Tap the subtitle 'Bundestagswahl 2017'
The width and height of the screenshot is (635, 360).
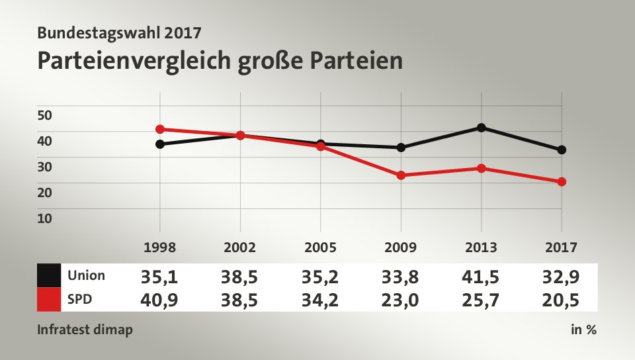tap(119, 31)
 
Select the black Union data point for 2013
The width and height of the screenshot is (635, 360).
tap(481, 128)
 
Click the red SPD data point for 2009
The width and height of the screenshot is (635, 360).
tap(401, 175)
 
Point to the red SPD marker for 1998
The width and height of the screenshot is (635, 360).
tap(160, 129)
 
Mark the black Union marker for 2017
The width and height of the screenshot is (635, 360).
tap(562, 150)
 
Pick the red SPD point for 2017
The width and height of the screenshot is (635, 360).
tap(562, 181)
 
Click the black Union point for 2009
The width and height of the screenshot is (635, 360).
tap(401, 148)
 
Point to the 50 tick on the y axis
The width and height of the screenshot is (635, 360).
tap(44, 115)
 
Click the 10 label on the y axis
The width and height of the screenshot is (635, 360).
tap(44, 218)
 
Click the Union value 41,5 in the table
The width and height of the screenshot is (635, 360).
tap(481, 276)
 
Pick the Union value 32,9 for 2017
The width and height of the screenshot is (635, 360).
tap(562, 276)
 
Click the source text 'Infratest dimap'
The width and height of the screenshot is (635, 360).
tap(85, 330)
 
